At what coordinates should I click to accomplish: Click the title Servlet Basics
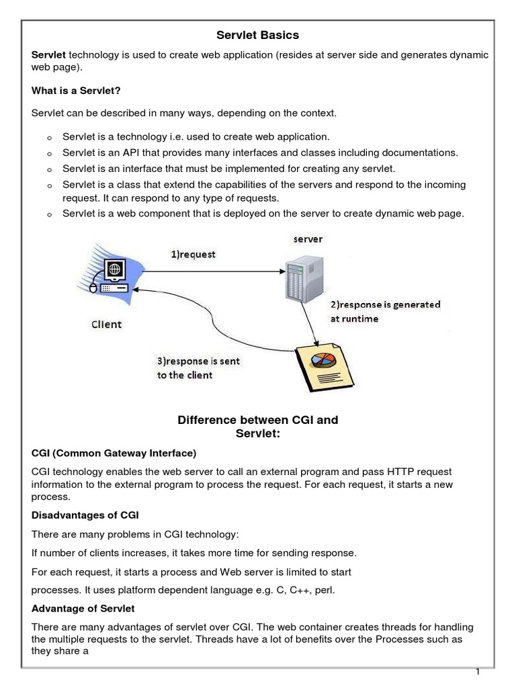tap(257, 34)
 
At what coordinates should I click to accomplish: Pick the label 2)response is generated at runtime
tap(384, 311)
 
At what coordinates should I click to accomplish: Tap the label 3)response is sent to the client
tap(198, 368)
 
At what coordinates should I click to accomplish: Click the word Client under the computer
tap(107, 325)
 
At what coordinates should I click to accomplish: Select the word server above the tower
tap(306, 239)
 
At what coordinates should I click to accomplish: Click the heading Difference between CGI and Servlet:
tap(257, 427)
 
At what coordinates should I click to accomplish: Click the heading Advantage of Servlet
tap(83, 608)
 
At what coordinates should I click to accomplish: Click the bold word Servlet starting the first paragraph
tap(49, 55)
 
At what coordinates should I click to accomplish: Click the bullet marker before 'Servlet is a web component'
tap(49, 214)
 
